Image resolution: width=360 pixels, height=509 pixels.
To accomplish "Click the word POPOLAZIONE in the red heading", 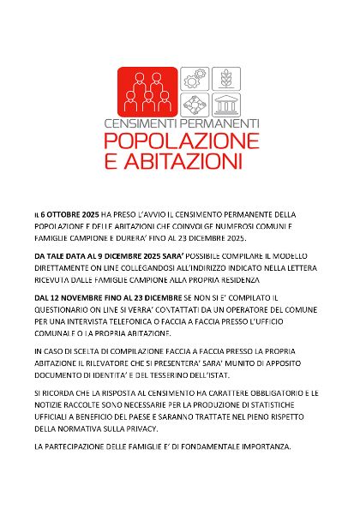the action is (x=179, y=141).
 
